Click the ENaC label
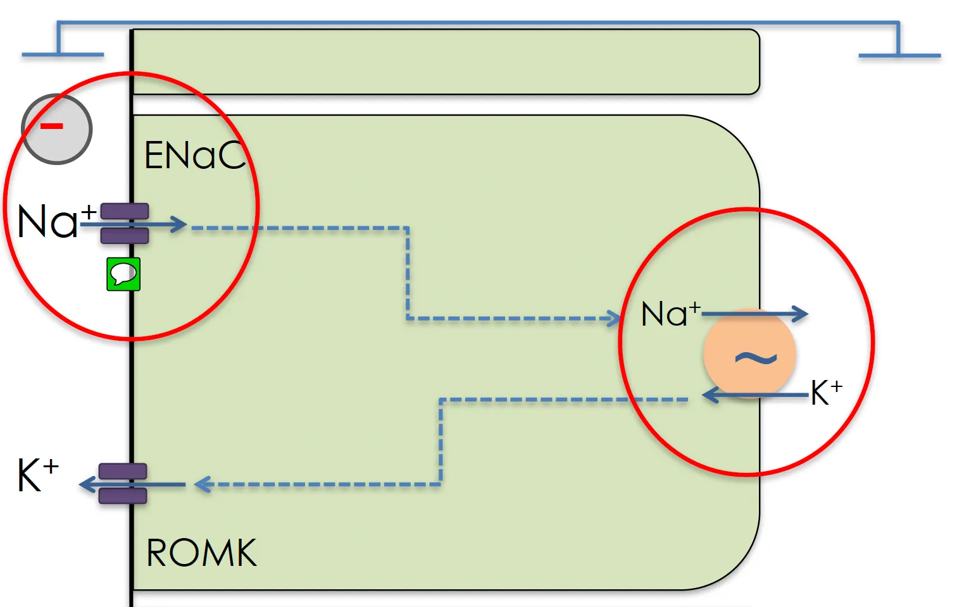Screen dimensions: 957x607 pyautogui.click(x=195, y=155)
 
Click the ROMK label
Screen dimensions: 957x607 pyautogui.click(x=201, y=553)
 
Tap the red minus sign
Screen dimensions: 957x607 pyautogui.click(x=52, y=126)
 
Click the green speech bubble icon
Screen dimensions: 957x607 pyautogui.click(x=123, y=274)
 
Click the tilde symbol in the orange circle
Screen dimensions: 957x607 pyautogui.click(x=756, y=358)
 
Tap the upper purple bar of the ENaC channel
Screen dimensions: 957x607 pyautogui.click(x=125, y=211)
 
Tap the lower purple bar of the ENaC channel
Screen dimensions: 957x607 pyautogui.click(x=125, y=236)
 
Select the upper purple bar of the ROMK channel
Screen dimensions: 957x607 pyautogui.click(x=123, y=471)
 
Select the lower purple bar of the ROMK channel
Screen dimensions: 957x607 pyautogui.click(x=123, y=496)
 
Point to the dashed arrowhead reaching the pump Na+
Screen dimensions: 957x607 pyautogui.click(x=613, y=319)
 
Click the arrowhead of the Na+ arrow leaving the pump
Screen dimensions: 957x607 pyautogui.click(x=800, y=314)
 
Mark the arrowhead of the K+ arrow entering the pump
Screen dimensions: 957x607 pyautogui.click(x=711, y=395)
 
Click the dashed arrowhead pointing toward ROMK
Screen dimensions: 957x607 pyautogui.click(x=202, y=484)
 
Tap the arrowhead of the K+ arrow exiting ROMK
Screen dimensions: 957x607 pyautogui.click(x=87, y=484)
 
